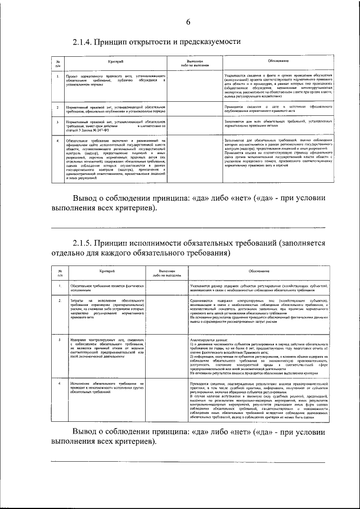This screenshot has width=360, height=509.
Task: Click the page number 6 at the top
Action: point(188,22)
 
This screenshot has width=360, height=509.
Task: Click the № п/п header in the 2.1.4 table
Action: point(58,62)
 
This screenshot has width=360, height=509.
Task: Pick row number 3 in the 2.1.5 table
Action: point(60,340)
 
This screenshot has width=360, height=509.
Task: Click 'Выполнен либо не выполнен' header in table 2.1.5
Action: point(166,273)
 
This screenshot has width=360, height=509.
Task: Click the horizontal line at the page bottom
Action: point(188,462)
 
